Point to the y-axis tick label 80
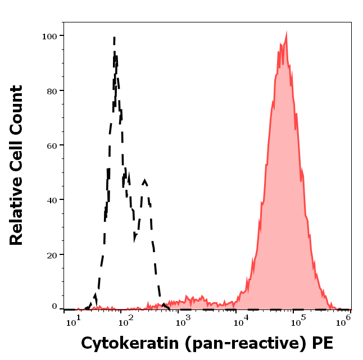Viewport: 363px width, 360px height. [x=51, y=90]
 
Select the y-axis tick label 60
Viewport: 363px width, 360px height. [x=51, y=145]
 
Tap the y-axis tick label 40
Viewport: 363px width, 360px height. [x=51, y=200]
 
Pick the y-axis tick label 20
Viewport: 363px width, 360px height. [x=51, y=254]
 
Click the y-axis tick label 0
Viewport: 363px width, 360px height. [x=54, y=307]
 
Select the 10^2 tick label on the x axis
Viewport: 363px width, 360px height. [x=126, y=321]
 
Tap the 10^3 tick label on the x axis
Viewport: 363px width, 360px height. [x=184, y=321]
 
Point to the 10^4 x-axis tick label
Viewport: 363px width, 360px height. [x=241, y=321]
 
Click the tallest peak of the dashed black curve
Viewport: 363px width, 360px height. [x=115, y=38]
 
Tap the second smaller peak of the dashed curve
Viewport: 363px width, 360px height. [x=145, y=181]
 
